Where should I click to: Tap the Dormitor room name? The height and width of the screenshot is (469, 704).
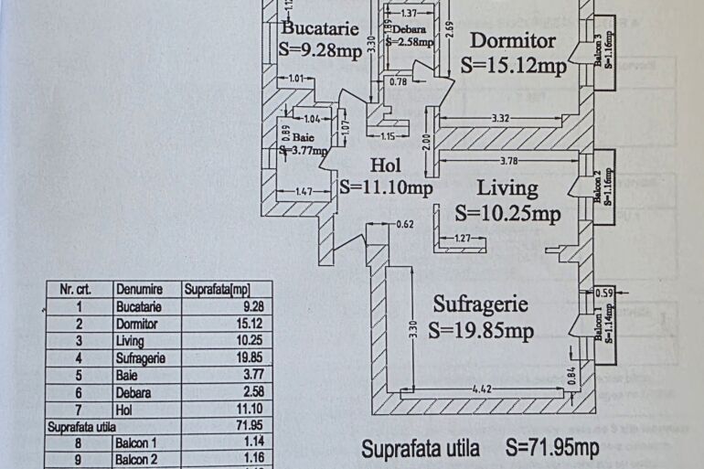tap(513, 40)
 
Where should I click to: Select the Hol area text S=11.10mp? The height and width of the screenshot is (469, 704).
tap(385, 187)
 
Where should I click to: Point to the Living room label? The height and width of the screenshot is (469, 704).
tap(507, 188)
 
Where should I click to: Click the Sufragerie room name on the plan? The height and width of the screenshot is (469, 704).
tap(478, 304)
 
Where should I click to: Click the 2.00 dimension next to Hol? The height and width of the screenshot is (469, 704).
tap(426, 143)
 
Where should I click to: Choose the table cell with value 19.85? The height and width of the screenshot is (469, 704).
tap(253, 358)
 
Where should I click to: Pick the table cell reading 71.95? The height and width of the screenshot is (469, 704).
tap(253, 426)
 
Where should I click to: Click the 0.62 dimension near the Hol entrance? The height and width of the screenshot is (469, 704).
tap(405, 224)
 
